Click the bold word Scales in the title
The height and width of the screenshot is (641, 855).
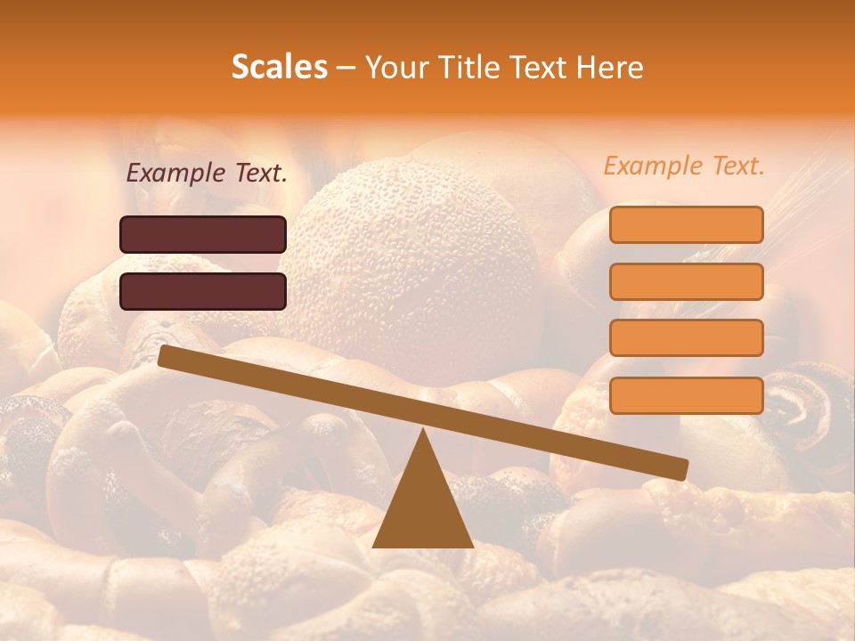(279, 68)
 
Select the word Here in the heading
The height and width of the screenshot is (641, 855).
(610, 68)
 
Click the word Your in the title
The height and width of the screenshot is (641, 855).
(395, 68)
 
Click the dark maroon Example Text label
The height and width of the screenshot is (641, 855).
(207, 174)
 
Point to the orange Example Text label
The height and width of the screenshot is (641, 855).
(684, 166)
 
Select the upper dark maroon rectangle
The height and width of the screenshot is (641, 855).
(203, 234)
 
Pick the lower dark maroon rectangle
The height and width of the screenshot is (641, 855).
(203, 291)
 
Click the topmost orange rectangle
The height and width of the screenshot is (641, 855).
(686, 224)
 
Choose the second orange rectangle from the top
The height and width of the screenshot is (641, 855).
(686, 281)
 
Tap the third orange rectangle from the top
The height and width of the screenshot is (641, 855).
(686, 338)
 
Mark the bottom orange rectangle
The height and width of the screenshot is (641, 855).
(686, 395)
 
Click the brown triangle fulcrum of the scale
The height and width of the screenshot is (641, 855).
(422, 507)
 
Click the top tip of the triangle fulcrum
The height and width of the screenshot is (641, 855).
(423, 434)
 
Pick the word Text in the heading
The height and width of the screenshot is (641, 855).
(538, 68)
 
